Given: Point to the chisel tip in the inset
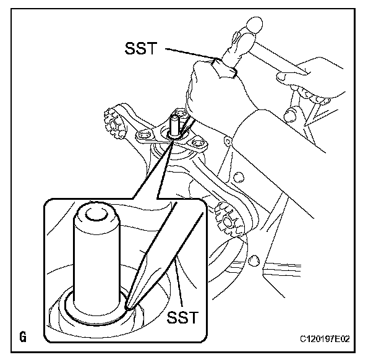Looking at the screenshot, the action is pos(129,304).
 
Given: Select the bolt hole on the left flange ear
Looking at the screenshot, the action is pos(145,134).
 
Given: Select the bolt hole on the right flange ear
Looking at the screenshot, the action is pos(198,145).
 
